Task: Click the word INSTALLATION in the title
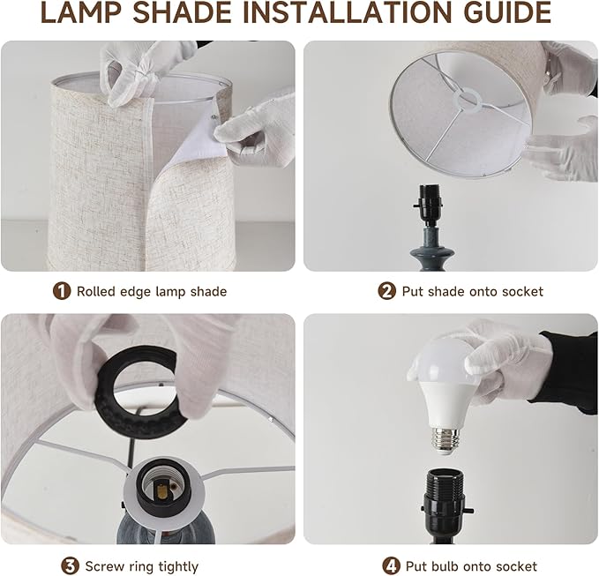(x=348, y=13)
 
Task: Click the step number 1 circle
(x=62, y=291)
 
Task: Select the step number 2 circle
(x=386, y=291)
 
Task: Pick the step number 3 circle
(x=71, y=565)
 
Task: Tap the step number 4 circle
(x=391, y=565)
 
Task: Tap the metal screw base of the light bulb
(x=445, y=438)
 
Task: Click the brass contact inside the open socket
(x=162, y=490)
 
